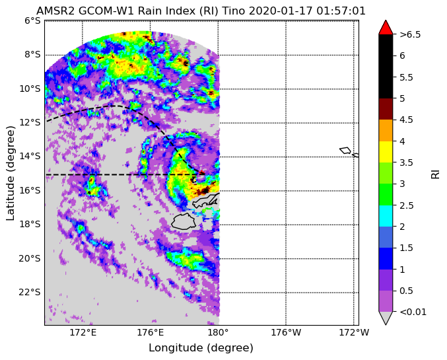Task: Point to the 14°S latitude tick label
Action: [x=29, y=157]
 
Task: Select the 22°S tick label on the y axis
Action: [x=29, y=293]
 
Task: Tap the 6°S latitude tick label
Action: [x=32, y=21]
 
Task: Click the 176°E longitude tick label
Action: [x=150, y=332]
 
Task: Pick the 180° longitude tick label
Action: [x=219, y=332]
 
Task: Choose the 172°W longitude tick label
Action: [x=354, y=332]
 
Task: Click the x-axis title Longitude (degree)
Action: [x=201, y=348]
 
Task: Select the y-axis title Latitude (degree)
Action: [x=10, y=173]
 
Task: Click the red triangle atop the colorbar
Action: [x=386, y=27]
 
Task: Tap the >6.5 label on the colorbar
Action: [x=410, y=34]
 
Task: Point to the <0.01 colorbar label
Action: [x=413, y=312]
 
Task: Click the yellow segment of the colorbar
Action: [x=386, y=152]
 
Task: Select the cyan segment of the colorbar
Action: [x=386, y=216]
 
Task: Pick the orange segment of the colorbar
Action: [x=386, y=130]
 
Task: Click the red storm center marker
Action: [x=201, y=172]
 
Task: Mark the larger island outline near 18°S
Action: [x=184, y=221]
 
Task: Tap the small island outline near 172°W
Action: [x=345, y=151]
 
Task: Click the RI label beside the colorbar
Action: [x=436, y=173]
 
